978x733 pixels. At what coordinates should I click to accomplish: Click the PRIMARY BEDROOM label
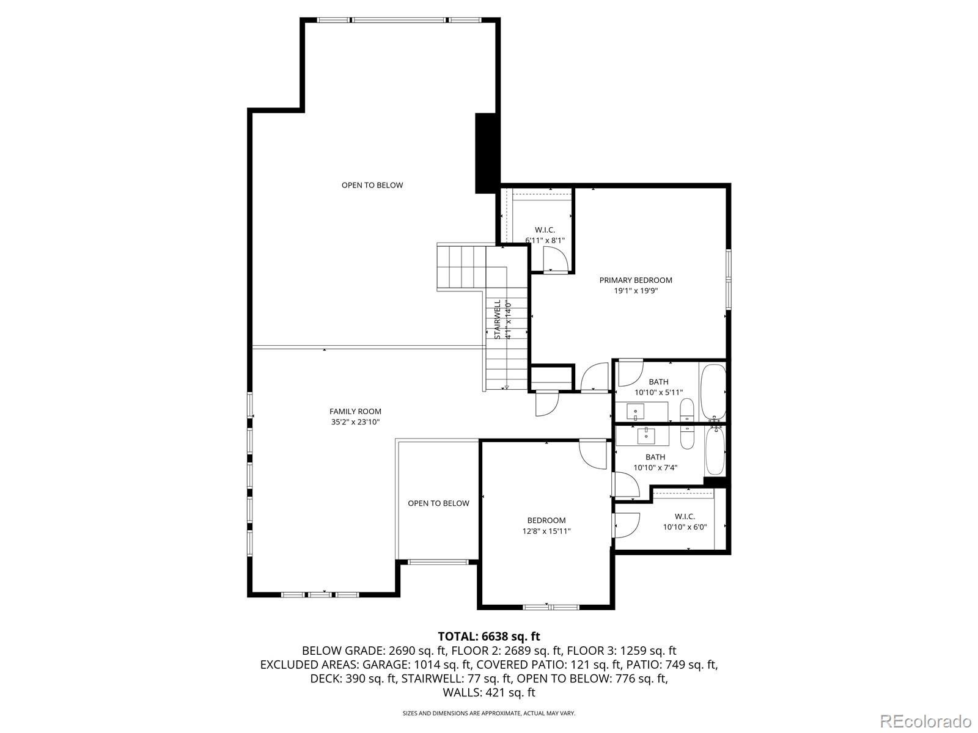click(635, 280)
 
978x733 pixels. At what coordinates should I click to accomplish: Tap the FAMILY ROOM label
click(355, 412)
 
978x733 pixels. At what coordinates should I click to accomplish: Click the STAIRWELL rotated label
click(498, 319)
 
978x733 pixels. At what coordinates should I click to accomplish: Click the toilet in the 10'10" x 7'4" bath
click(686, 437)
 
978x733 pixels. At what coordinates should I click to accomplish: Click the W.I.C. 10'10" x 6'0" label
click(685, 522)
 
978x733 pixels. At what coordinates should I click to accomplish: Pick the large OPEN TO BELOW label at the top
click(372, 185)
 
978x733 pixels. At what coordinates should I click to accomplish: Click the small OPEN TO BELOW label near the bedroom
click(438, 503)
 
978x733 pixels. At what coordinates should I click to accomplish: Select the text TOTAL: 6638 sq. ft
click(488, 636)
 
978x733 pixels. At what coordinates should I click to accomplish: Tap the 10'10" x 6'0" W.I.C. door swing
click(627, 525)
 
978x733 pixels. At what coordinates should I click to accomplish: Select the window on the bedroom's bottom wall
click(551, 607)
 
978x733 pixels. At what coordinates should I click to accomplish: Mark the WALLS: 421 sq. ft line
click(488, 693)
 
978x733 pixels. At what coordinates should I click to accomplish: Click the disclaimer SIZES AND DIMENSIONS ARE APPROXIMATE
click(488, 713)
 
